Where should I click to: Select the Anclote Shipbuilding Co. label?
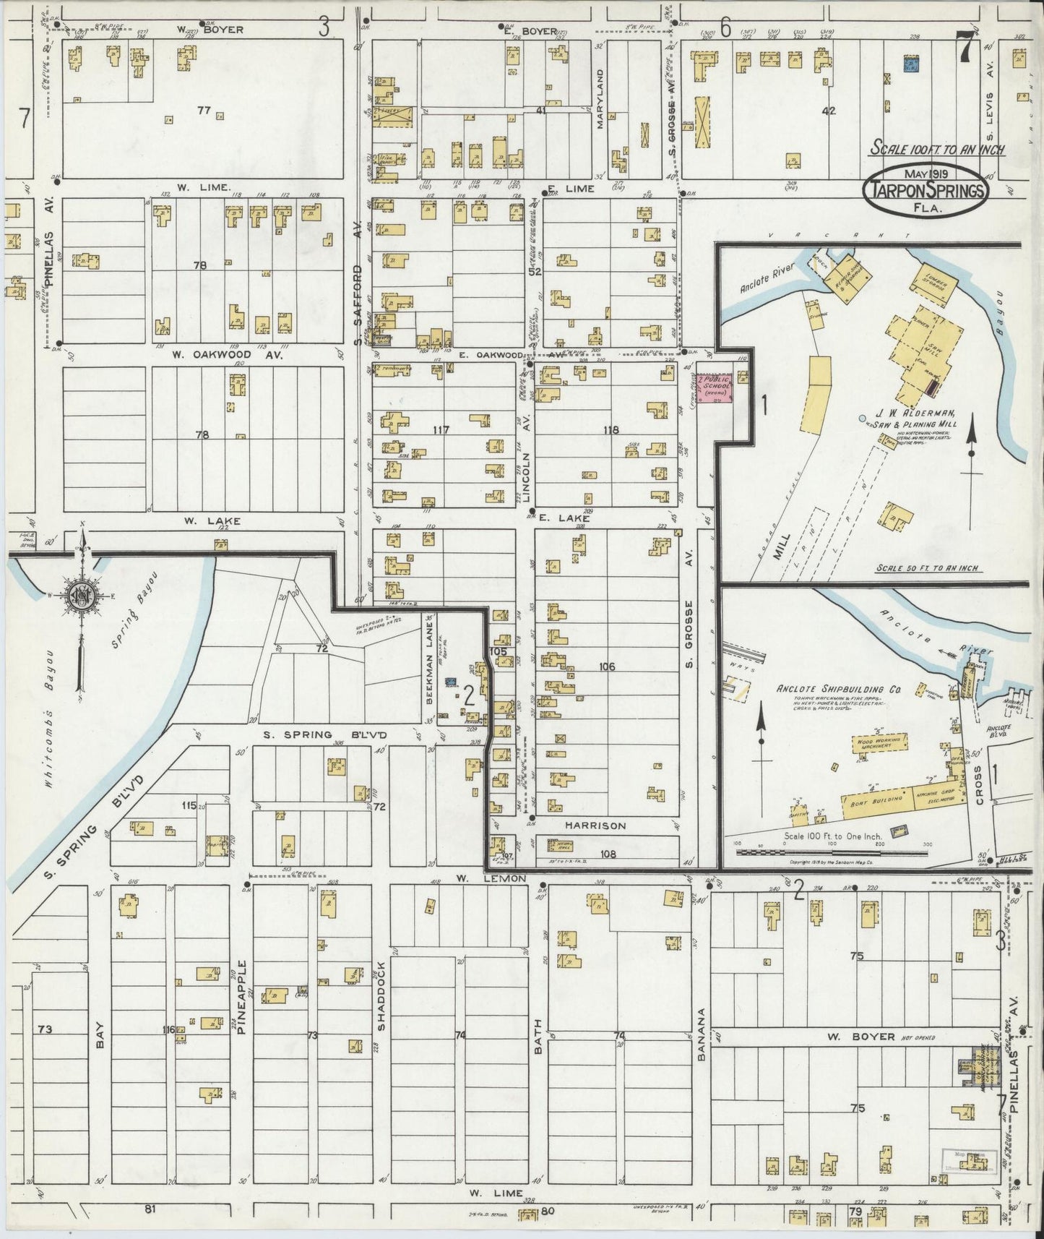(x=838, y=689)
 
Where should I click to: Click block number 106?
(x=607, y=666)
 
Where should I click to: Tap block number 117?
(x=441, y=430)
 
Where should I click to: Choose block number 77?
(x=203, y=110)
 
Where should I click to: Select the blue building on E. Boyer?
(x=911, y=64)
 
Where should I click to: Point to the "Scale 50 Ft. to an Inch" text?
(x=927, y=567)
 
